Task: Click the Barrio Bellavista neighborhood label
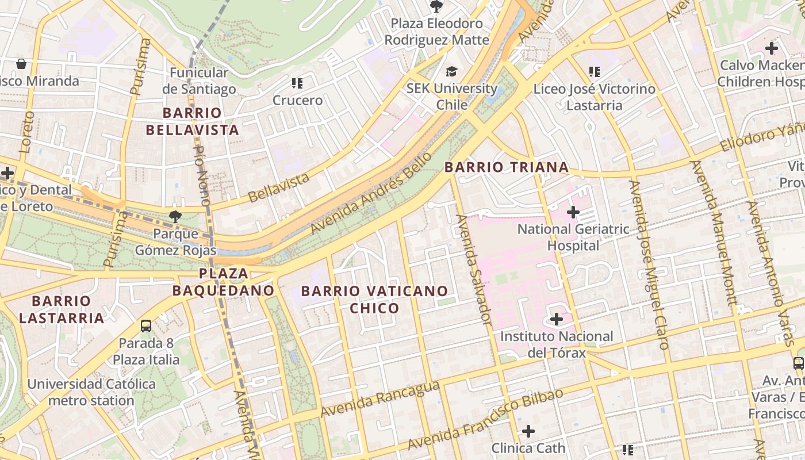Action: [x=192, y=121]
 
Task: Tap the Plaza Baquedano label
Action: [x=223, y=282]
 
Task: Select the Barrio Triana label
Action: [x=507, y=167]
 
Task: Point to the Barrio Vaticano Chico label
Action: [x=374, y=300]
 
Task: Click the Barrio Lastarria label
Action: [x=62, y=309]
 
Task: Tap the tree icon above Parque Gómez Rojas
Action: [x=175, y=217]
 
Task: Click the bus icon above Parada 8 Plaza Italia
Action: [x=146, y=326]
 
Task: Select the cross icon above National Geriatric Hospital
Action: [x=573, y=212]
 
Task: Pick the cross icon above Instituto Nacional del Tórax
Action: [x=557, y=319]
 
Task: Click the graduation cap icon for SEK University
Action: [x=452, y=71]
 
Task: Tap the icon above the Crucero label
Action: [x=297, y=83]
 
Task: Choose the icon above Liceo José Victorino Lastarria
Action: [x=594, y=72]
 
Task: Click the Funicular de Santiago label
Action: [x=199, y=81]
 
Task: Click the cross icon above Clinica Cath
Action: [x=528, y=431]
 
